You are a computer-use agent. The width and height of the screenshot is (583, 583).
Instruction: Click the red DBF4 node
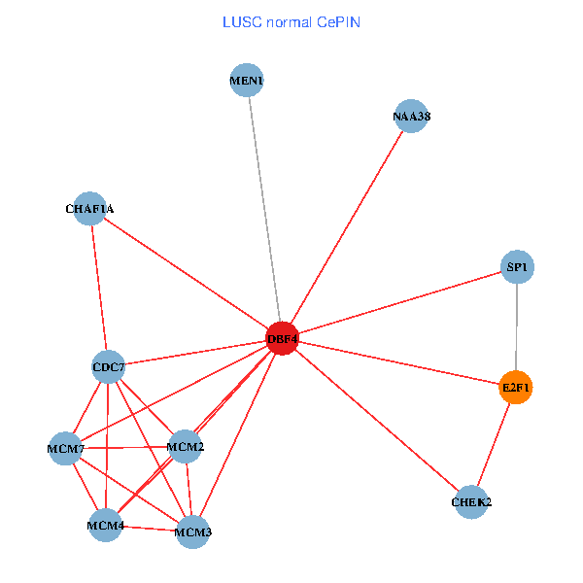click(x=281, y=338)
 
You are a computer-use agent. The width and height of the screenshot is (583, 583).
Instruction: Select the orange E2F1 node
click(x=516, y=388)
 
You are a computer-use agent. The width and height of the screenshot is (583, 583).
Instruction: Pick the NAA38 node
click(x=411, y=117)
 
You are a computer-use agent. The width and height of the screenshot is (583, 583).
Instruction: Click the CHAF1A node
click(x=89, y=208)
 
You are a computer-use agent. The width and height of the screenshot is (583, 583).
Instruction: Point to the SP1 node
click(x=518, y=266)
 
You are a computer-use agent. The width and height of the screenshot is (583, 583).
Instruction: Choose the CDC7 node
click(x=108, y=367)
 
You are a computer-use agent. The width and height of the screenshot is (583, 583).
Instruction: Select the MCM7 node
click(x=66, y=448)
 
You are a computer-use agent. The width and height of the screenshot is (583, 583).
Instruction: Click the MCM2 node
click(x=185, y=447)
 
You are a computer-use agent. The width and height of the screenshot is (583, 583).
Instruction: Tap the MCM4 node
click(x=105, y=526)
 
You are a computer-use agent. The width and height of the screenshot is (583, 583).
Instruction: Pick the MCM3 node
click(x=192, y=532)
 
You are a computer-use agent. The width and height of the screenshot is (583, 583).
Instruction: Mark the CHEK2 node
click(x=471, y=502)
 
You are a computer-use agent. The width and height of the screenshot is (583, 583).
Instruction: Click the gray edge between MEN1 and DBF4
click(x=264, y=209)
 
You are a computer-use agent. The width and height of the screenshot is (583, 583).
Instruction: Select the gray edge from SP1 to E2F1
click(x=517, y=326)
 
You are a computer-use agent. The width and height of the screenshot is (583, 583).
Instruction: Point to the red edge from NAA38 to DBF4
click(x=346, y=227)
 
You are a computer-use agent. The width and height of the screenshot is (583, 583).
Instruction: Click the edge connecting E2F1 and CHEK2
click(x=494, y=445)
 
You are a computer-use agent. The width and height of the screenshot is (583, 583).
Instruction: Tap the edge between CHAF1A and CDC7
click(x=98, y=288)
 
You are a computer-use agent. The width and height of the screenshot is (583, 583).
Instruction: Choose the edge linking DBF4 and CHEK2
click(x=376, y=420)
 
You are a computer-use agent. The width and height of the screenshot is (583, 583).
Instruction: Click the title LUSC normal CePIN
click(x=291, y=21)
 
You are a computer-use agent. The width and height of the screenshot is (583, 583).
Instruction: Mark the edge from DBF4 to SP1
click(x=399, y=302)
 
